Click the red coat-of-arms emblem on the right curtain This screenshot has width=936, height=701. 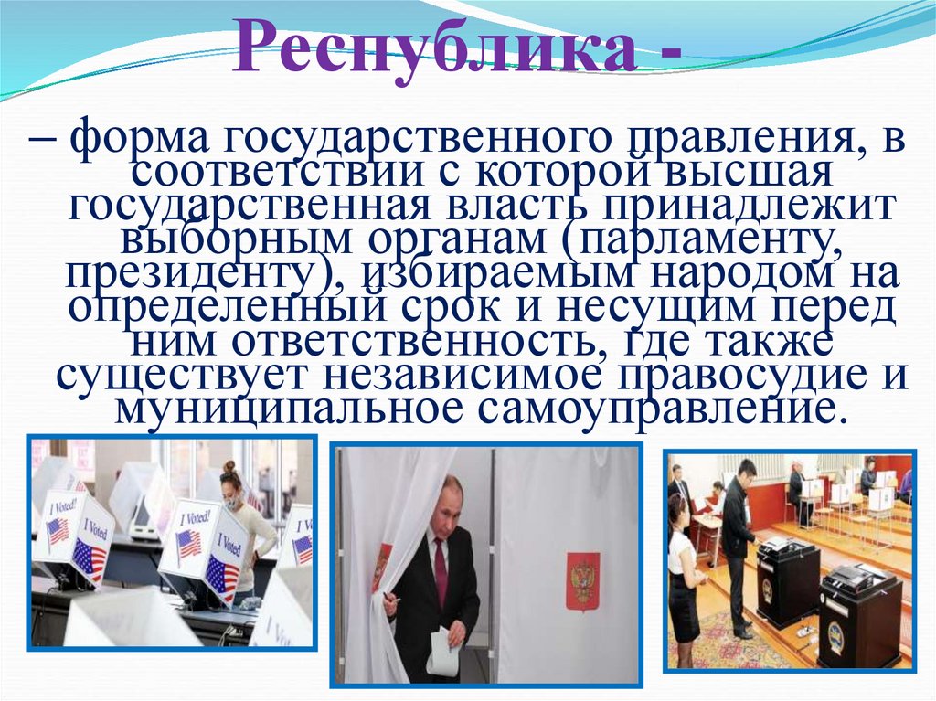click(x=581, y=581)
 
